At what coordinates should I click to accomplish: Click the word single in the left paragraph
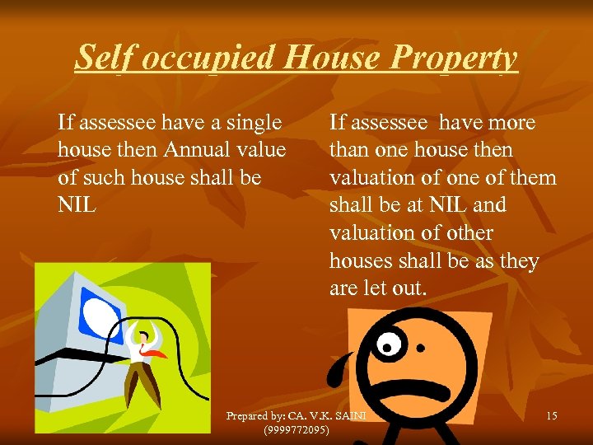[253, 123]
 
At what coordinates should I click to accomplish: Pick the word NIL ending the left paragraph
[77, 204]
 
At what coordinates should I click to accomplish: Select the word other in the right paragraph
[469, 232]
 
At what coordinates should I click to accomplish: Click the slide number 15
[551, 416]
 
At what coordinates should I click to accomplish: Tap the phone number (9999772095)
[296, 430]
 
